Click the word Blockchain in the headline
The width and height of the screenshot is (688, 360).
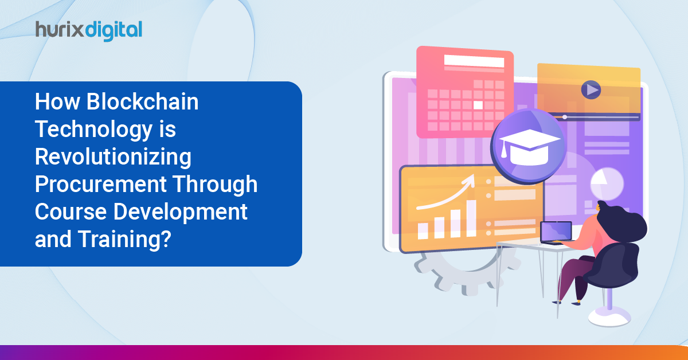coord(142,101)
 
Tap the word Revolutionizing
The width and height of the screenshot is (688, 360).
coord(113,157)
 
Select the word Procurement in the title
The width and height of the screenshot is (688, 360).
coord(100,185)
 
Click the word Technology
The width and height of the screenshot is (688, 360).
coord(93,130)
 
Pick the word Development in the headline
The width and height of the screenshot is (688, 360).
coord(180,212)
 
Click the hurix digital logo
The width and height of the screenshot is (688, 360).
coord(89,31)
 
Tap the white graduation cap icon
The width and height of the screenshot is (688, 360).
coord(529,147)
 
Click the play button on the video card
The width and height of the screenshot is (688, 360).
coord(591,89)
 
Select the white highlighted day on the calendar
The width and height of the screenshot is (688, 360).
coord(478,105)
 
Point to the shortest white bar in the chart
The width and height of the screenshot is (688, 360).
coord(423,231)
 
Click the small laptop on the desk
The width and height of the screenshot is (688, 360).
coord(556,233)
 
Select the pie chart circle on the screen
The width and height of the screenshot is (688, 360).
coord(607,184)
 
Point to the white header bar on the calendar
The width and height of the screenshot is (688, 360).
coord(474,61)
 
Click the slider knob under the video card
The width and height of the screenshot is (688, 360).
coord(565,117)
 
